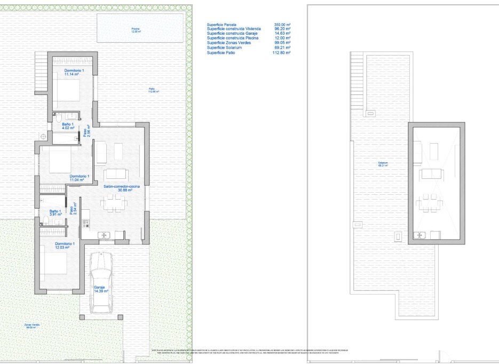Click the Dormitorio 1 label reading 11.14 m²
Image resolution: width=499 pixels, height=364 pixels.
[74, 73]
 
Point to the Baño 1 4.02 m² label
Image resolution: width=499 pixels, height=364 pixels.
[67, 126]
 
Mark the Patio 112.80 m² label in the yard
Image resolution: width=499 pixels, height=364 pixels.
[154, 90]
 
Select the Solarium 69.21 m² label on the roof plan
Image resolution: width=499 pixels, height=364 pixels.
[383, 164]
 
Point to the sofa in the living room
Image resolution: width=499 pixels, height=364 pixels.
[116, 173]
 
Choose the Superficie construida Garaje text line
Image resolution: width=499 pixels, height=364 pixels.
[231, 34]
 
